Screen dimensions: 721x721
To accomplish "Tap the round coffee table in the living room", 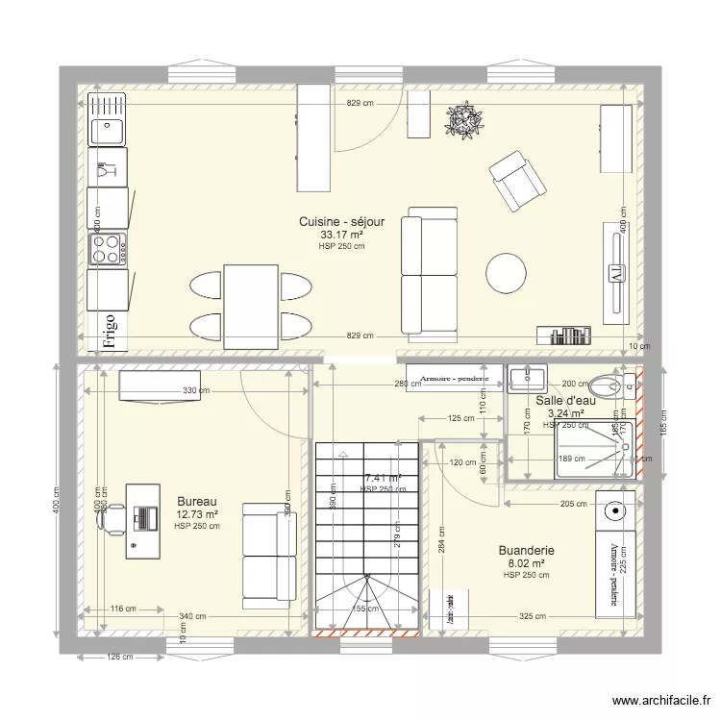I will [x=506, y=272].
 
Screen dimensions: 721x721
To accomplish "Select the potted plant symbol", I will [x=463, y=120].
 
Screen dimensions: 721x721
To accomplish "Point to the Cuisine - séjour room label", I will [x=341, y=221].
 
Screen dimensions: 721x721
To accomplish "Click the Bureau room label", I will [x=197, y=501].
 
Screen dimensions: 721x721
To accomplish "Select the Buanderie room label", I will [x=526, y=551].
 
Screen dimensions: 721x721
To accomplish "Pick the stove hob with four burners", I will [x=108, y=249].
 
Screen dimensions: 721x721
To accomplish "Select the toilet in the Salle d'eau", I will [x=613, y=380].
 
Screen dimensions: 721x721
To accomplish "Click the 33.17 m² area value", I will [x=341, y=234].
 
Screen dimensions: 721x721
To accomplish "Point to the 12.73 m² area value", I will [x=197, y=514].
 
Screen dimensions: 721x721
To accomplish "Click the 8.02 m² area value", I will [x=526, y=563].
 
